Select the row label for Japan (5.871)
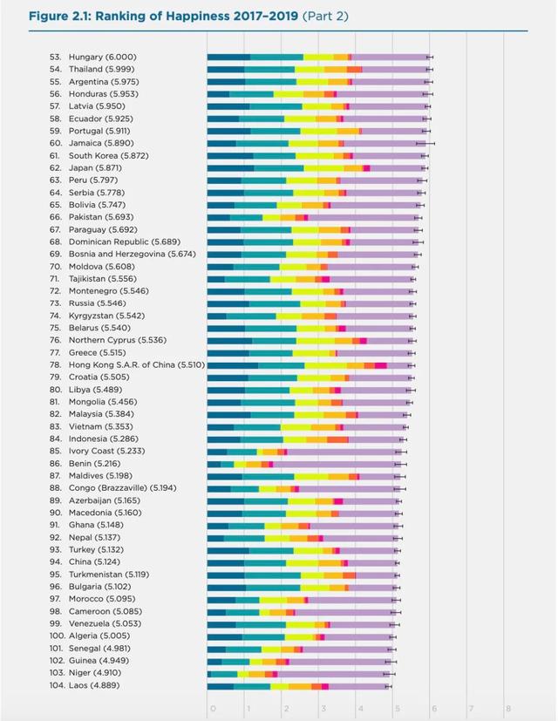point(98,167)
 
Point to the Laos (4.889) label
point(93,685)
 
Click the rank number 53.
point(55,57)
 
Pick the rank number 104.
point(55,685)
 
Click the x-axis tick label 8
point(507,708)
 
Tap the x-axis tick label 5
point(396,708)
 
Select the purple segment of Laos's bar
point(357,685)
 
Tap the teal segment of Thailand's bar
point(269,69)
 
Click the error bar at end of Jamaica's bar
point(425,142)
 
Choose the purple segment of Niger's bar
point(332,673)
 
